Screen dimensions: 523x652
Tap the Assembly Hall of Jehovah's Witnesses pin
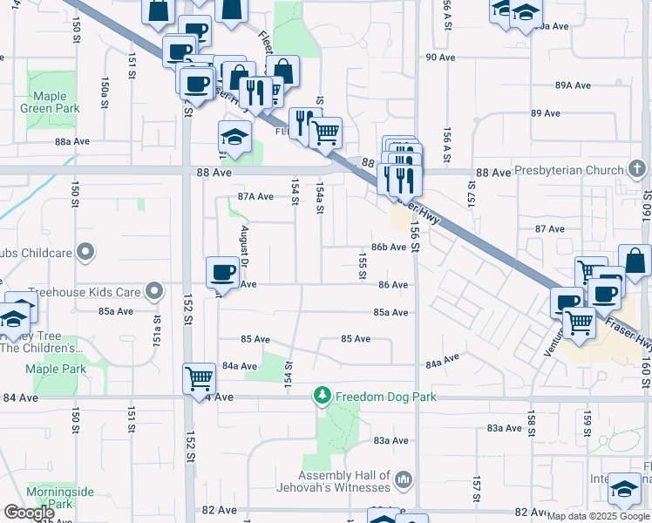[x=403, y=479]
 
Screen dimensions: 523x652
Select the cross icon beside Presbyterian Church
[x=637, y=168]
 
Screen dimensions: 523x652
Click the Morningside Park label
[x=59, y=498]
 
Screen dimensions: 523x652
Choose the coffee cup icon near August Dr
[x=221, y=272]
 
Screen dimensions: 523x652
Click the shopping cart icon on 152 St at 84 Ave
[x=200, y=377]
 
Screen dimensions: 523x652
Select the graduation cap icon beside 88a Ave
[x=234, y=136]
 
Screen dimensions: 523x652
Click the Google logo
[x=29, y=513]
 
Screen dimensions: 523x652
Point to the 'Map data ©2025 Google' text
[x=598, y=516]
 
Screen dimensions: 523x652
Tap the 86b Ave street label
[x=389, y=247]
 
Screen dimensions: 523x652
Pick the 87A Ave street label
[x=255, y=197]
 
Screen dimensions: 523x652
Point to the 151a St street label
[x=158, y=329]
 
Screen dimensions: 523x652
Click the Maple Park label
[x=56, y=370]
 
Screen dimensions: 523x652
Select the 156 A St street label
[x=445, y=16]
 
